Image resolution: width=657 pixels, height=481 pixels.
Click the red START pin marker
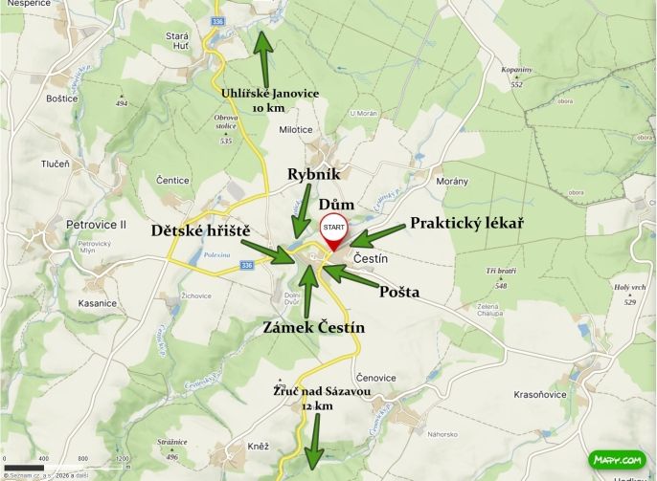(333, 231)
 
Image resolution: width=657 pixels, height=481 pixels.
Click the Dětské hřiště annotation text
(200, 230)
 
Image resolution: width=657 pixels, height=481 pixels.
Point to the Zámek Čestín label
(314, 327)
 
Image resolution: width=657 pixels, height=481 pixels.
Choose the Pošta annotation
(399, 291)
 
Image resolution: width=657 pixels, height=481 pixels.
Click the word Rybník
(314, 174)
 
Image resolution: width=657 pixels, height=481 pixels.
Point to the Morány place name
(452, 181)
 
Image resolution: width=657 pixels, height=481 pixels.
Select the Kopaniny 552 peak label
(516, 76)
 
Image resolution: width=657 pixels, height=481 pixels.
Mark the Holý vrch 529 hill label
(629, 294)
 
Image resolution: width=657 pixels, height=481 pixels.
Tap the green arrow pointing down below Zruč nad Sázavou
(312, 444)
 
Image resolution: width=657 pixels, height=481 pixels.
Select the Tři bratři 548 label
(500, 277)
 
